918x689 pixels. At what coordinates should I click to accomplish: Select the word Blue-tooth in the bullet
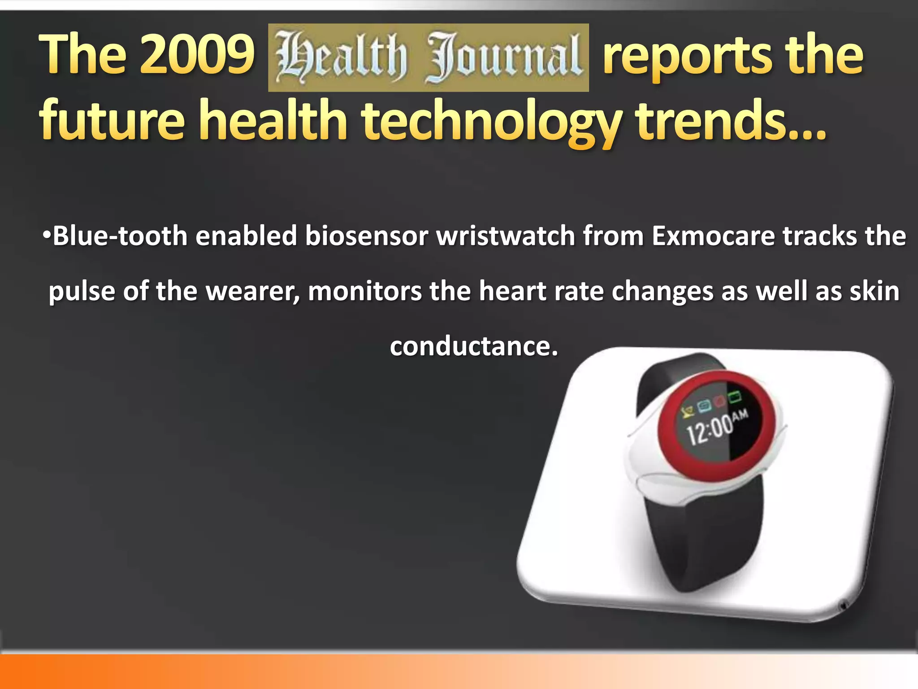point(120,236)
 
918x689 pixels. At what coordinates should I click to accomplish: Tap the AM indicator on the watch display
point(740,414)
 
